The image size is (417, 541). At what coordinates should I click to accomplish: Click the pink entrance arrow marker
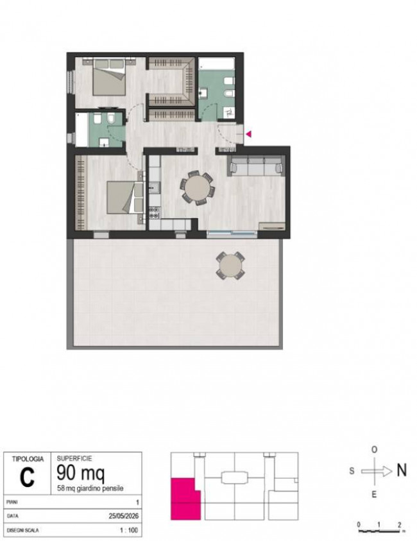pyautogui.click(x=248, y=134)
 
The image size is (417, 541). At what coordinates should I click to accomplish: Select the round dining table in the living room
pyautogui.click(x=198, y=188)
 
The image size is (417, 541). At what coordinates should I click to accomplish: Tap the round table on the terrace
pyautogui.click(x=231, y=266)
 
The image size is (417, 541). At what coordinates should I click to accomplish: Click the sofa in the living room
pyautogui.click(x=256, y=166)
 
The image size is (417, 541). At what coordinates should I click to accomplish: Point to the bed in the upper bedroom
pyautogui.click(x=109, y=77)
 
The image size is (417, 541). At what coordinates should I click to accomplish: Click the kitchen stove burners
pyautogui.click(x=154, y=212)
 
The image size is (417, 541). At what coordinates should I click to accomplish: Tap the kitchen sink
pyautogui.click(x=154, y=188)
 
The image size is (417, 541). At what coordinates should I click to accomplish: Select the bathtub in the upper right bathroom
pyautogui.click(x=217, y=64)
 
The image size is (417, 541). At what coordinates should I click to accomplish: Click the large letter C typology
pyautogui.click(x=27, y=477)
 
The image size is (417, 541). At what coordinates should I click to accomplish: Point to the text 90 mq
pyautogui.click(x=80, y=473)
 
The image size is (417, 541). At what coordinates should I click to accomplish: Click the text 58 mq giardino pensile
pyautogui.click(x=90, y=488)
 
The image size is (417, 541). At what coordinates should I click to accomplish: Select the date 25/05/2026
pyautogui.click(x=123, y=516)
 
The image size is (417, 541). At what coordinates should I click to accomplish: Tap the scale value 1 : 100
pyautogui.click(x=129, y=530)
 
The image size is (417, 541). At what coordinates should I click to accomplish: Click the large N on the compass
pyautogui.click(x=402, y=470)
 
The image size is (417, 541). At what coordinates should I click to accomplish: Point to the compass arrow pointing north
pyautogui.click(x=377, y=471)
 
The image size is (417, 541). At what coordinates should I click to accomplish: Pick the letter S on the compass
pyautogui.click(x=352, y=471)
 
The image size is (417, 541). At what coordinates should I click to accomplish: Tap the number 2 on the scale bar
pyautogui.click(x=400, y=525)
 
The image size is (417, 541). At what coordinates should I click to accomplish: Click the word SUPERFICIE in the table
pyautogui.click(x=74, y=459)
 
